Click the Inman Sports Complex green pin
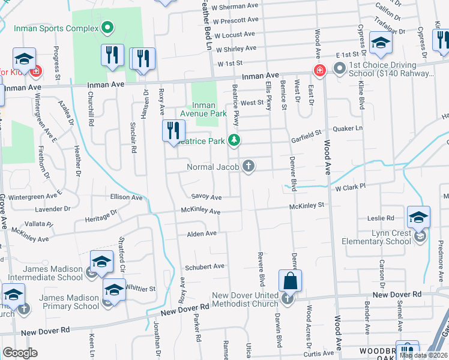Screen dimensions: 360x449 107,26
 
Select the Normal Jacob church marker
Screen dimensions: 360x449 247,167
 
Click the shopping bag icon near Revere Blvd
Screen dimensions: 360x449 290,281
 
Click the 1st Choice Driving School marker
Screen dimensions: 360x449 339,68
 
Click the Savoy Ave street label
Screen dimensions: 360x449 206,197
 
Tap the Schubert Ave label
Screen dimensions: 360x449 205,266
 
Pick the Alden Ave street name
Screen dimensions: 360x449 202,233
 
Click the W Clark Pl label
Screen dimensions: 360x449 351,188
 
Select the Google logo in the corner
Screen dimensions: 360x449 20,353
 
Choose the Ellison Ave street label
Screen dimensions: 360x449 126,196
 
